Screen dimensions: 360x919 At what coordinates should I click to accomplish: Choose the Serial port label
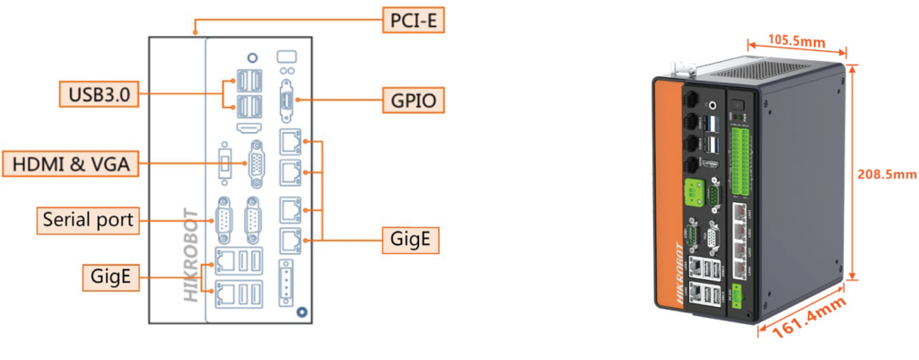pyautogui.click(x=87, y=219)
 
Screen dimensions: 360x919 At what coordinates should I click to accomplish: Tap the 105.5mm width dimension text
pyautogui.click(x=795, y=41)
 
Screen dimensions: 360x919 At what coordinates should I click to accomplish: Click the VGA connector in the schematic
pyautogui.click(x=255, y=163)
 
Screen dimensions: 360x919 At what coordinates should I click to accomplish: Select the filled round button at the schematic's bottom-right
pyautogui.click(x=302, y=312)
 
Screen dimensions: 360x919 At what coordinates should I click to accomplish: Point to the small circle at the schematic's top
pyautogui.click(x=253, y=58)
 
